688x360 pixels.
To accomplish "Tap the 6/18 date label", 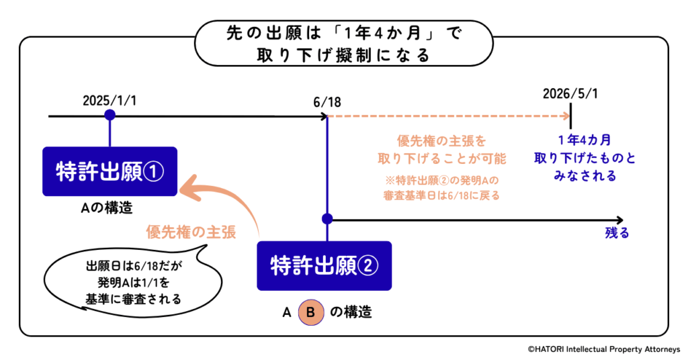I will [327, 103].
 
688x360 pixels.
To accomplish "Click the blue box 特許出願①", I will [110, 171].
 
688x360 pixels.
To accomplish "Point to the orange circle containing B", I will [310, 312].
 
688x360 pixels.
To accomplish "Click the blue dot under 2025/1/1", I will [110, 116].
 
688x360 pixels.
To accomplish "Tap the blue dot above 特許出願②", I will [327, 219].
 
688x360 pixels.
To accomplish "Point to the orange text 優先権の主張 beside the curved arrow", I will [191, 232].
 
